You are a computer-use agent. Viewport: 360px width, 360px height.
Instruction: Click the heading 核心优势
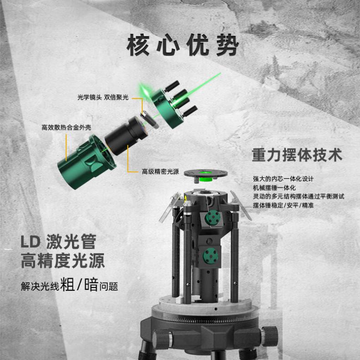point(183,45)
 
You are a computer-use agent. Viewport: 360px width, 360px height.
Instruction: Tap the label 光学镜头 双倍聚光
point(103,98)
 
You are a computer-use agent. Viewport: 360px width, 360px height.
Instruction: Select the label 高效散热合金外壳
point(66,128)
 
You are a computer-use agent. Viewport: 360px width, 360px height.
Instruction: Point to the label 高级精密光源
point(160,171)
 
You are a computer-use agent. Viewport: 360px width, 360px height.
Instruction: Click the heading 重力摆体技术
point(297,155)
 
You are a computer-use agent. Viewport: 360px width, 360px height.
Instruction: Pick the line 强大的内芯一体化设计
point(283,179)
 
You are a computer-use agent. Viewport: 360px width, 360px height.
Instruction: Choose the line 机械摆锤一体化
point(274,188)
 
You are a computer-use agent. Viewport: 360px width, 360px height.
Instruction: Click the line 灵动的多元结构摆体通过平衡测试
point(298,196)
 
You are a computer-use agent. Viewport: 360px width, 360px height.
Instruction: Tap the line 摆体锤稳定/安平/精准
point(283,205)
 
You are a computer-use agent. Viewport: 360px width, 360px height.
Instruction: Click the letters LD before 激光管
point(31,242)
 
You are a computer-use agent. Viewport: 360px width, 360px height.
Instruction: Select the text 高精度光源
point(63,260)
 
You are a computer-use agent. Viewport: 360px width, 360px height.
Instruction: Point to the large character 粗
point(67,284)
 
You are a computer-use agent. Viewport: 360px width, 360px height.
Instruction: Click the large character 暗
point(92,284)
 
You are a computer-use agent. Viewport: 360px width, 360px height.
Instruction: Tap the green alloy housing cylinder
point(86,162)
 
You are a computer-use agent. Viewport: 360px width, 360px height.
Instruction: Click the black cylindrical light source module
point(125,135)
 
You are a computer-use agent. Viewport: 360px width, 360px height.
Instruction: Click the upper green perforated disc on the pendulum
point(213,218)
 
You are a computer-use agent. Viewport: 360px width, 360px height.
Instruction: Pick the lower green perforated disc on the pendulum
point(211,256)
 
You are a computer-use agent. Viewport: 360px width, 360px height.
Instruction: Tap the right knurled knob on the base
point(269,336)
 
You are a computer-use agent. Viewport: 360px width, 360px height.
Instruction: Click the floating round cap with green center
point(206,175)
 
